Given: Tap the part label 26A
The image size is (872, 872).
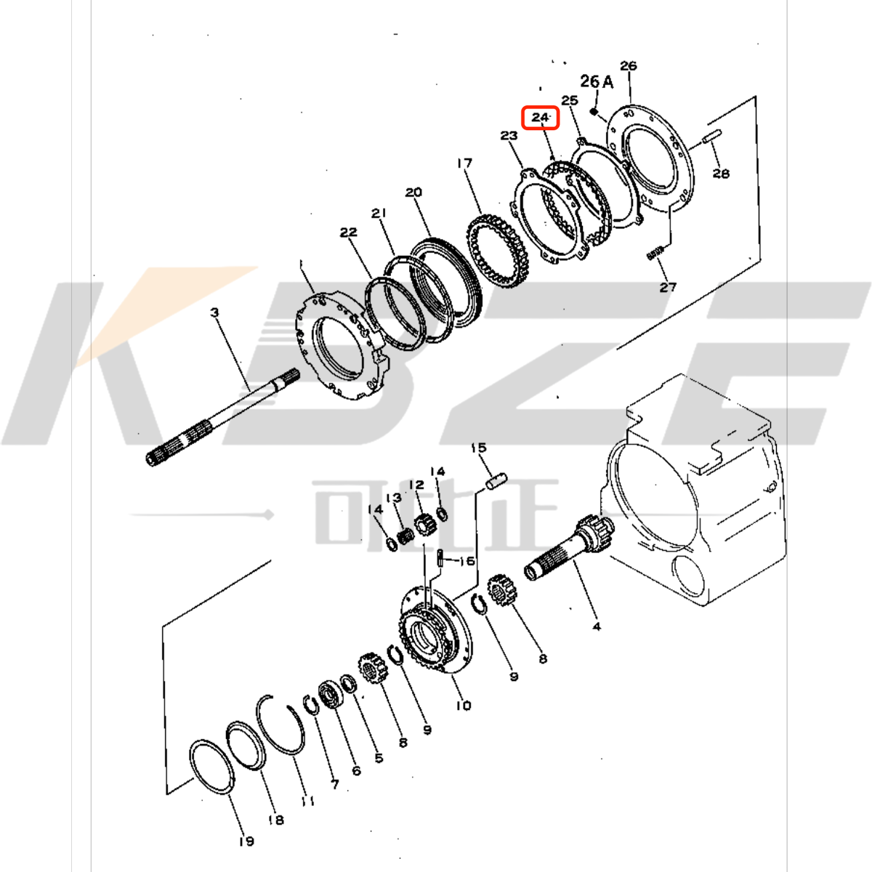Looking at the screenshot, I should tap(597, 82).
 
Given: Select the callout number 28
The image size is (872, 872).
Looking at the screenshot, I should tap(721, 173).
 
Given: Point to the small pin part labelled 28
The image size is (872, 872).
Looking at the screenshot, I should tap(711, 136).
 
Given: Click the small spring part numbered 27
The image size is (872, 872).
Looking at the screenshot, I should tap(655, 252).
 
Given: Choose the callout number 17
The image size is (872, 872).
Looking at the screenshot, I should tap(464, 163).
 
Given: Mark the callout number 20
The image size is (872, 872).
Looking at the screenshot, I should tap(413, 193).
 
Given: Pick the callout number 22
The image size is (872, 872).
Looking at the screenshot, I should tap(349, 233).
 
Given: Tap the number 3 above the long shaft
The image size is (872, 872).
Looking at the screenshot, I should tap(214, 312).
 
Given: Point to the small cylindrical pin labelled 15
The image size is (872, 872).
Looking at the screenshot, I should tap(496, 480).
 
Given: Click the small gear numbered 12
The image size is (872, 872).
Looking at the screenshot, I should tap(424, 522).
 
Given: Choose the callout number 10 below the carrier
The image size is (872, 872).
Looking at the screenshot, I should tap(464, 705).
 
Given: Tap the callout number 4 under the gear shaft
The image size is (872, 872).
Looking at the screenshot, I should tap(597, 626).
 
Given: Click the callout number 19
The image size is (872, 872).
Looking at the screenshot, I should tap(246, 841).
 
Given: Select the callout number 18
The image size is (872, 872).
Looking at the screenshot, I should tap(275, 820).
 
